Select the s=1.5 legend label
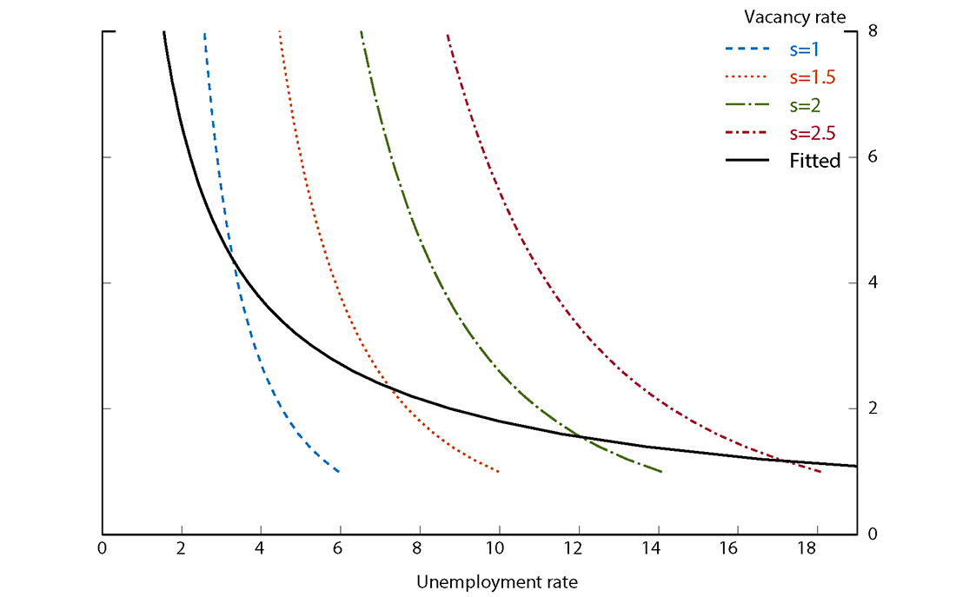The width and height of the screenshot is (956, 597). (x=813, y=77)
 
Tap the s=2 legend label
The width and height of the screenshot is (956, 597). (x=806, y=105)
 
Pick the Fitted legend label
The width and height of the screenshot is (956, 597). (x=815, y=161)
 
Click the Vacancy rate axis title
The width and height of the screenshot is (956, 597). (x=795, y=17)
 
